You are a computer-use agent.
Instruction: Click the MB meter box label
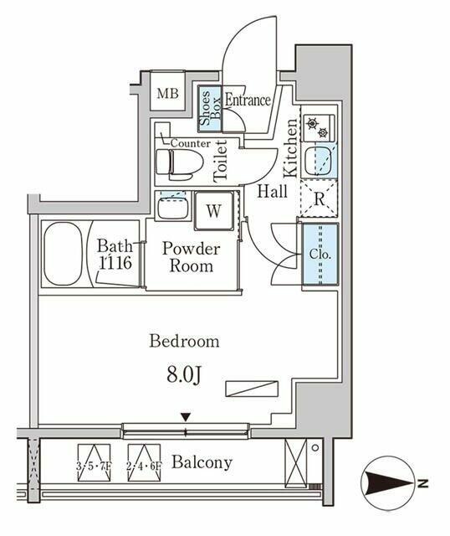point(167,93)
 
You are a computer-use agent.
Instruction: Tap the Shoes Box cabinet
point(210,108)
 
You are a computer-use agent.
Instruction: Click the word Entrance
point(248,100)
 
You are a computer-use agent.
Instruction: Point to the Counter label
point(190,143)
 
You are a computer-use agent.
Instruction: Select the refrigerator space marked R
point(319,199)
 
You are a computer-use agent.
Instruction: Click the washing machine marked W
point(214,210)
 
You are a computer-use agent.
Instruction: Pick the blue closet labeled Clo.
point(320,254)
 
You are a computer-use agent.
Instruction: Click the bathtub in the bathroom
point(63,254)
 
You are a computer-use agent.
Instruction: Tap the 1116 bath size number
point(115,262)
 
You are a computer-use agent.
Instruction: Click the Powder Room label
point(192,257)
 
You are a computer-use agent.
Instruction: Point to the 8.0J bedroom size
point(184,376)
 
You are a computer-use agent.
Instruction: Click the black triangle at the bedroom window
point(186,417)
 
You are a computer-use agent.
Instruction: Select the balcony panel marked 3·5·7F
point(94,463)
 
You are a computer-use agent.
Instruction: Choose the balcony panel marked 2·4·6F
point(144,463)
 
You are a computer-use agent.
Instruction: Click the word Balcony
point(202,463)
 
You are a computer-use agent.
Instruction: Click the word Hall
point(273,192)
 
